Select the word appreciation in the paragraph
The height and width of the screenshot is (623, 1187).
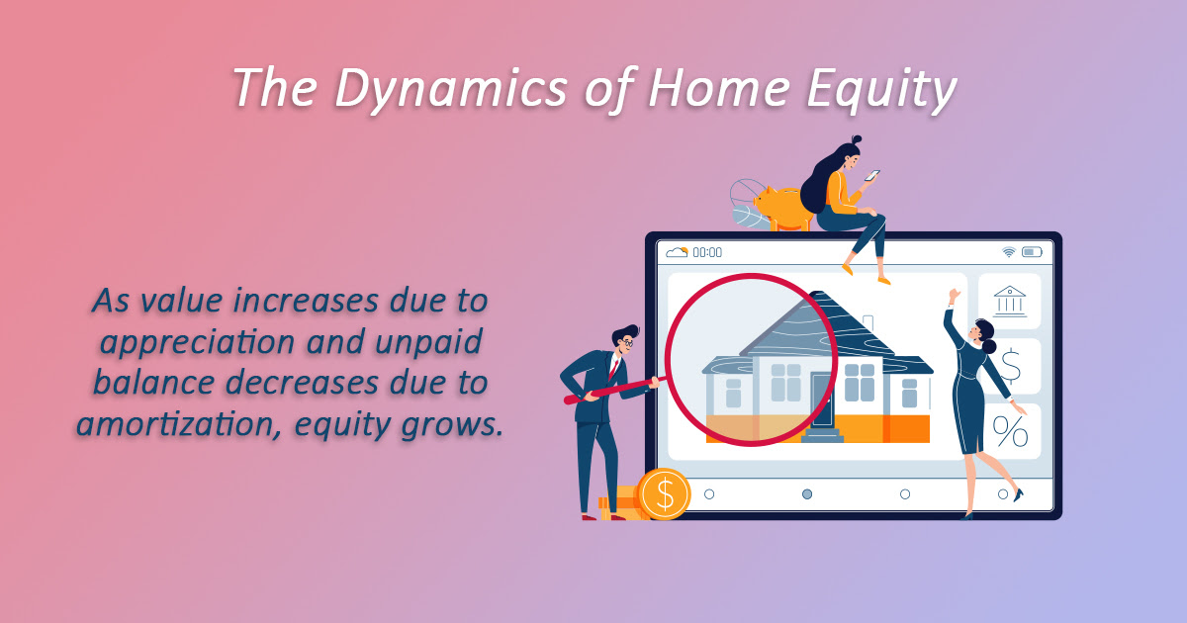click(197, 343)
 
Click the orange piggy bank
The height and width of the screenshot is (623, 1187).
click(783, 209)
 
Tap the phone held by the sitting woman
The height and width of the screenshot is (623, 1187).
click(872, 175)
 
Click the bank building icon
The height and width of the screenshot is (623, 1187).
click(1010, 301)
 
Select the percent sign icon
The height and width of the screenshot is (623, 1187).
click(1010, 432)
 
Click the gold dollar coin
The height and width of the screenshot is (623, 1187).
click(664, 493)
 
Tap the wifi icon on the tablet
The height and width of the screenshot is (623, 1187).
click(1008, 252)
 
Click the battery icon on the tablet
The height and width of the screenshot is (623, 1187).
click(1032, 252)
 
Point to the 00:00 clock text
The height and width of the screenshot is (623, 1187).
click(707, 252)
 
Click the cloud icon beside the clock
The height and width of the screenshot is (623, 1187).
click(677, 252)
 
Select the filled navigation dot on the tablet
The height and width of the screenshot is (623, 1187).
click(807, 494)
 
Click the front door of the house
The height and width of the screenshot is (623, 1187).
click(822, 399)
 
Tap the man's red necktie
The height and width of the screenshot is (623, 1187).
click(613, 369)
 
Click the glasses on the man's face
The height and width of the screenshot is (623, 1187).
click(627, 342)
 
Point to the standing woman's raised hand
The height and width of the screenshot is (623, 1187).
click(954, 295)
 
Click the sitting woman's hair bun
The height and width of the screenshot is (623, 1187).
click(857, 139)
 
